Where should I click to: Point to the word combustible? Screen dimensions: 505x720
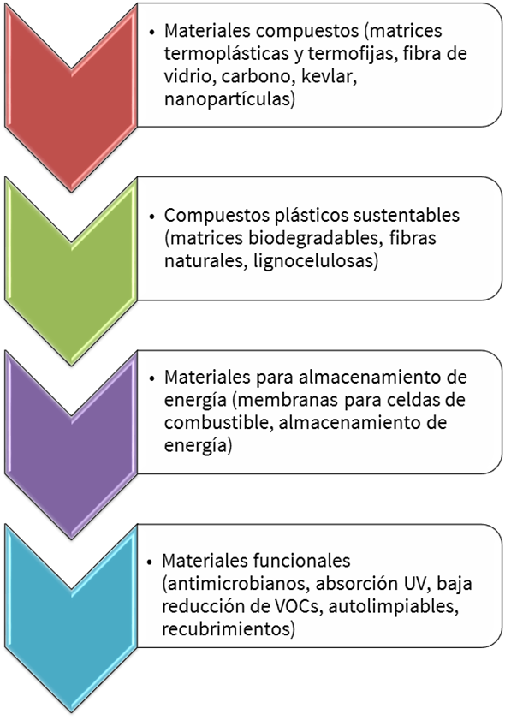click(x=218, y=423)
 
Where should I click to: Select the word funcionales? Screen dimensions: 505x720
click(x=301, y=561)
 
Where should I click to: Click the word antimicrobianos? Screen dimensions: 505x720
click(x=237, y=584)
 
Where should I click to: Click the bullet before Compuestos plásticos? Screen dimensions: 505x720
click(x=152, y=216)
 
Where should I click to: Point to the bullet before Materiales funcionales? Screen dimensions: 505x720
click(x=150, y=562)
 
